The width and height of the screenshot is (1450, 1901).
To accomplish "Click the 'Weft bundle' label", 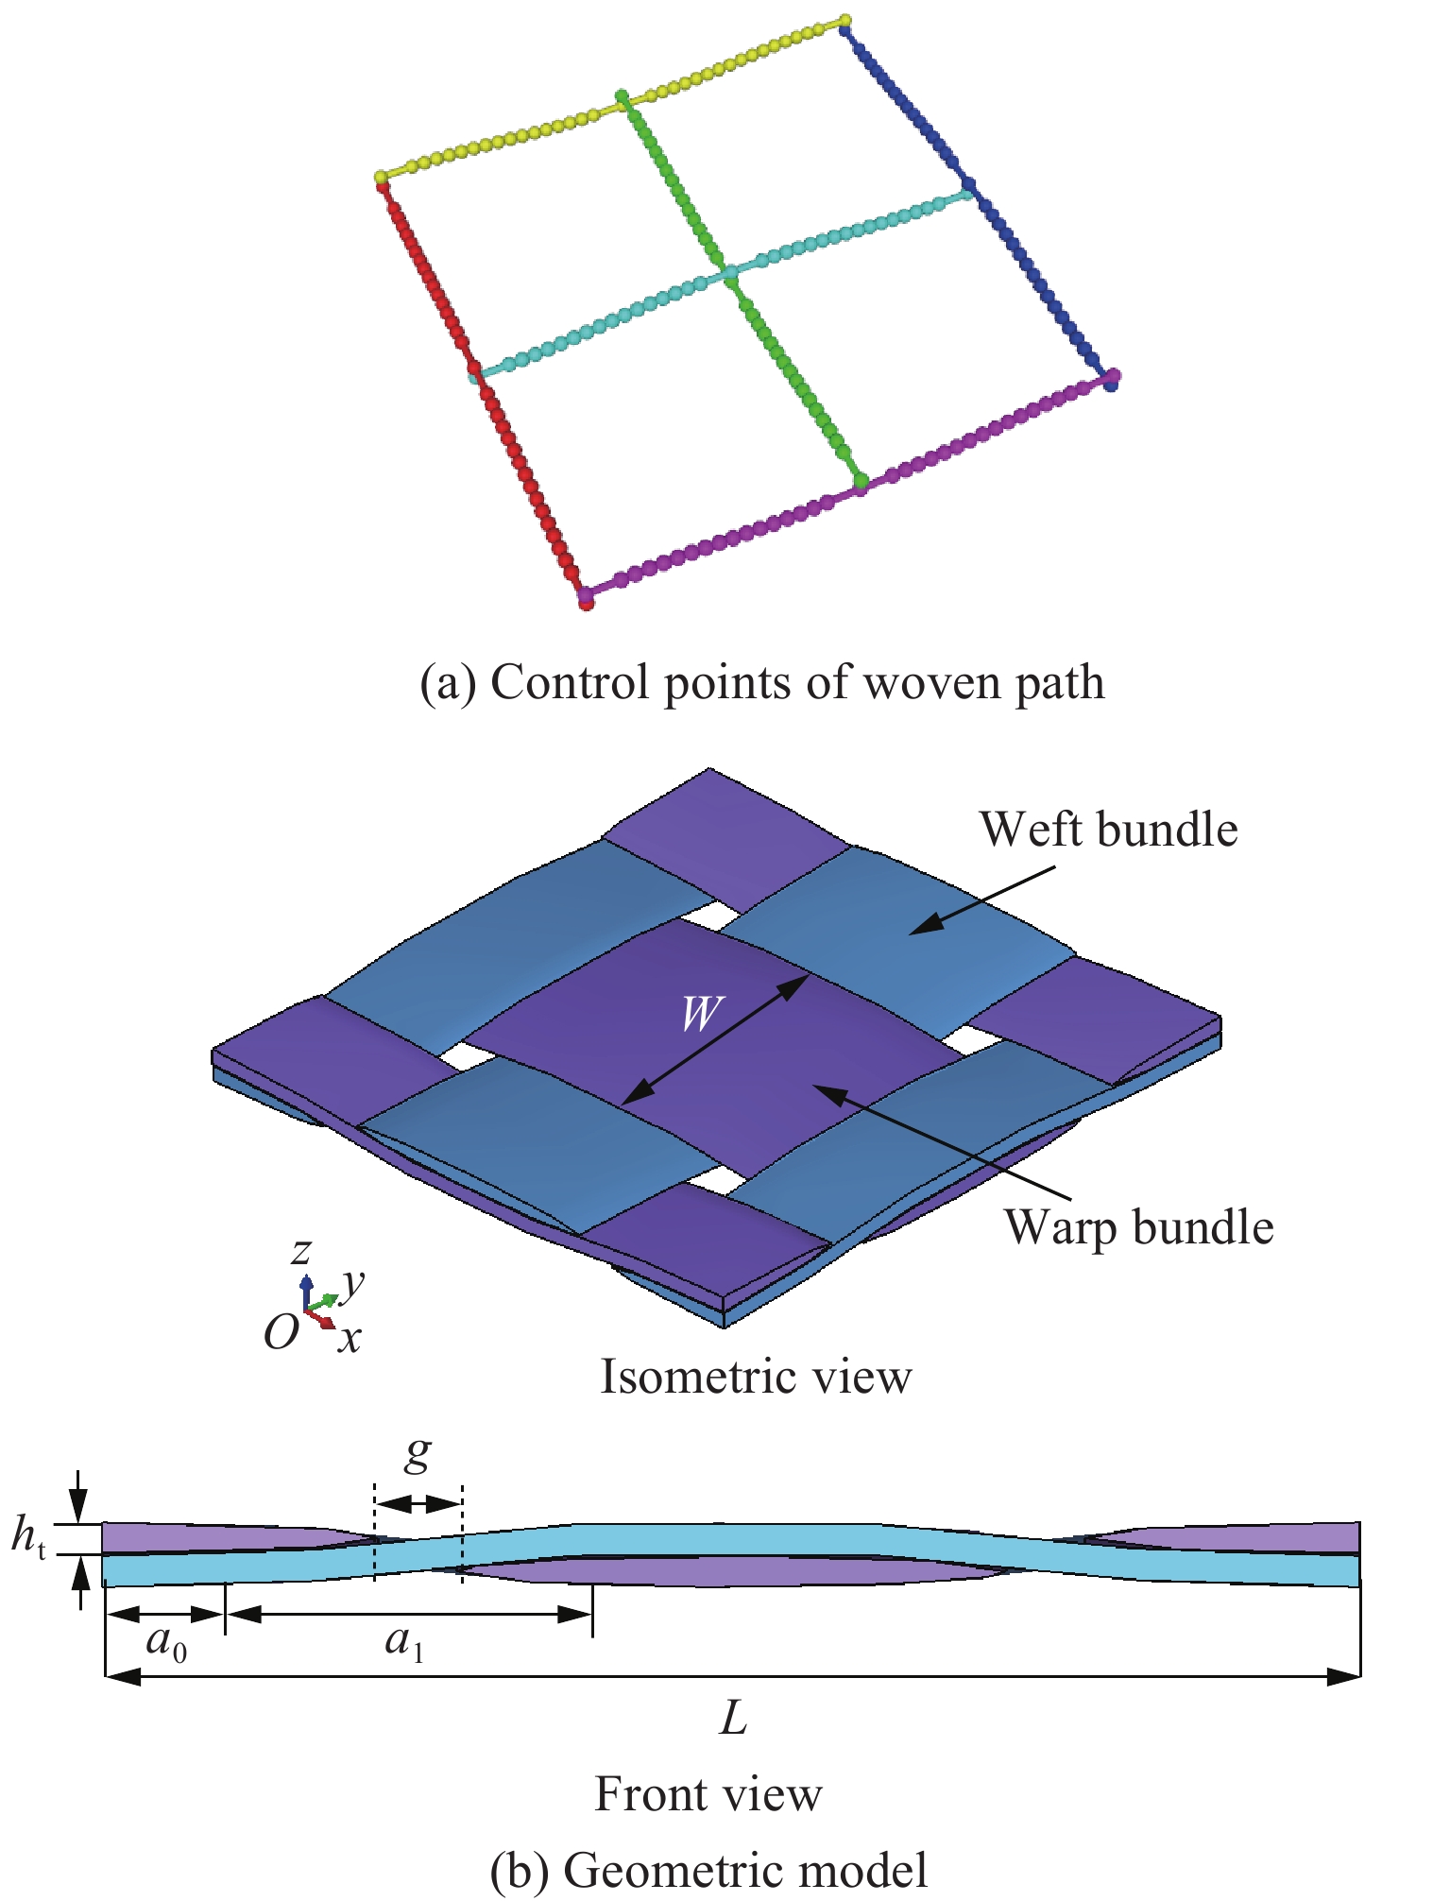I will [x=1108, y=830].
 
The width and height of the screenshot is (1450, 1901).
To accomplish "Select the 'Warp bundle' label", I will [x=1138, y=1227].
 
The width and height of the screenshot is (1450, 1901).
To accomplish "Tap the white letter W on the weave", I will [x=701, y=1014].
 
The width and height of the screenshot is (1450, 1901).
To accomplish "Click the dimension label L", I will [x=733, y=1719].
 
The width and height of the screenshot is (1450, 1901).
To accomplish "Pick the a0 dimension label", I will [x=166, y=1643].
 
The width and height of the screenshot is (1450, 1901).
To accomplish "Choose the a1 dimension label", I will [x=404, y=1643].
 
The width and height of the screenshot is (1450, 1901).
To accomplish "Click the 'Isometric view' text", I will [x=756, y=1377].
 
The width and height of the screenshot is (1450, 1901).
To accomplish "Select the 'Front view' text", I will [x=708, y=1794].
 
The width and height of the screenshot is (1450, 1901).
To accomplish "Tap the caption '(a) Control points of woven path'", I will [x=761, y=682].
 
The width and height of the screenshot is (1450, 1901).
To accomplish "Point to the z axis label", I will [x=300, y=1252].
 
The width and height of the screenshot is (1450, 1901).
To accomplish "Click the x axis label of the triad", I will [x=350, y=1338].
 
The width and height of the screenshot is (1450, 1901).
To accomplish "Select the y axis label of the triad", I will [x=352, y=1282].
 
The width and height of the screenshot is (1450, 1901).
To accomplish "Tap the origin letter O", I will [x=281, y=1333].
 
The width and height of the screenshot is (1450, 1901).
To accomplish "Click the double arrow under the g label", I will [x=418, y=1503].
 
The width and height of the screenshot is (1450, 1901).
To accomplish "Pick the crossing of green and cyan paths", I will [x=728, y=273].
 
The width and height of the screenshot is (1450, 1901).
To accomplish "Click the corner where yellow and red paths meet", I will [x=381, y=178].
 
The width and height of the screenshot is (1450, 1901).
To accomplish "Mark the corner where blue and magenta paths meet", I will [x=1112, y=379].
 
